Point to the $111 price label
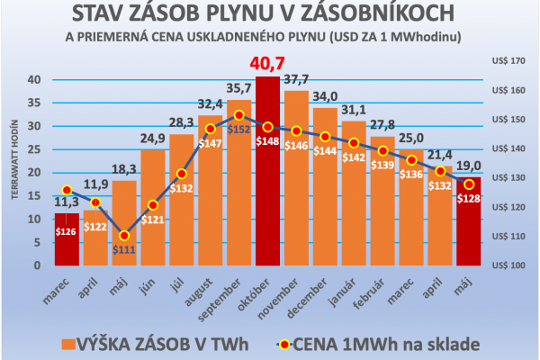click(x=124, y=249)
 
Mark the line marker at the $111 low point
click(x=124, y=235)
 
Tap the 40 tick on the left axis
click(x=34, y=79)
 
